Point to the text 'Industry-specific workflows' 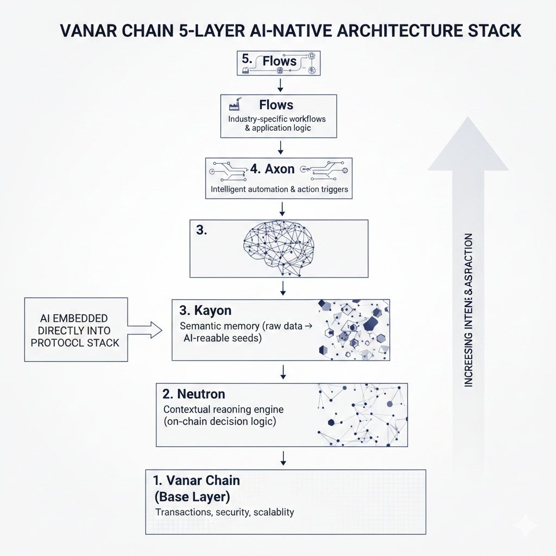pos(277,118)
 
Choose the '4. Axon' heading pos(271,169)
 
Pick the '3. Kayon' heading pos(205,311)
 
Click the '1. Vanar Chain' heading pos(197,481)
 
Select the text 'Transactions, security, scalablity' pos(224,513)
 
